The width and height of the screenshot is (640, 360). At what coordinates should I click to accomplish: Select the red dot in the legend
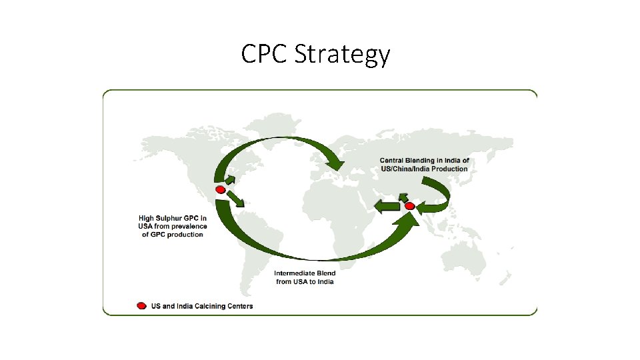tap(141, 306)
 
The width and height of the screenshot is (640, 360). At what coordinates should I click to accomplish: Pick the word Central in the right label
tap(393, 161)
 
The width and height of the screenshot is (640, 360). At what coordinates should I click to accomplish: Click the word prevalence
tap(189, 227)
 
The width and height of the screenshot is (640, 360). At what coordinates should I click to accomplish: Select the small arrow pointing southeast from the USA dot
tap(235, 199)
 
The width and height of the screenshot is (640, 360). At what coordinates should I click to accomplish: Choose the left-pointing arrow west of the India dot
tap(387, 207)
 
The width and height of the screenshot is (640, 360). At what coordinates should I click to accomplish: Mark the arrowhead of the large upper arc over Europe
tap(333, 162)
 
